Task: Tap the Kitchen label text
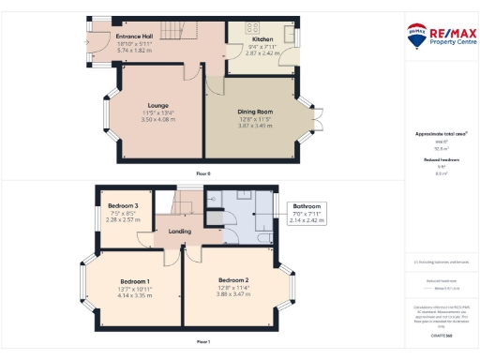coord(262,39)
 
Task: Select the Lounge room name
coord(157,105)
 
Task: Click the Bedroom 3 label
coord(123,206)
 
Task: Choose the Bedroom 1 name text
coord(135,280)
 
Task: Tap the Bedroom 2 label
coord(233,280)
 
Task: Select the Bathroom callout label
coord(307,206)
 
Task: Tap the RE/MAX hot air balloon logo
coord(414,36)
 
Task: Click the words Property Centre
coord(449,44)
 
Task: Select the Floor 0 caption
coord(203,174)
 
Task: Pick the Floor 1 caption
coord(203,342)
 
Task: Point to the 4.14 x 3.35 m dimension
coord(135,295)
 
